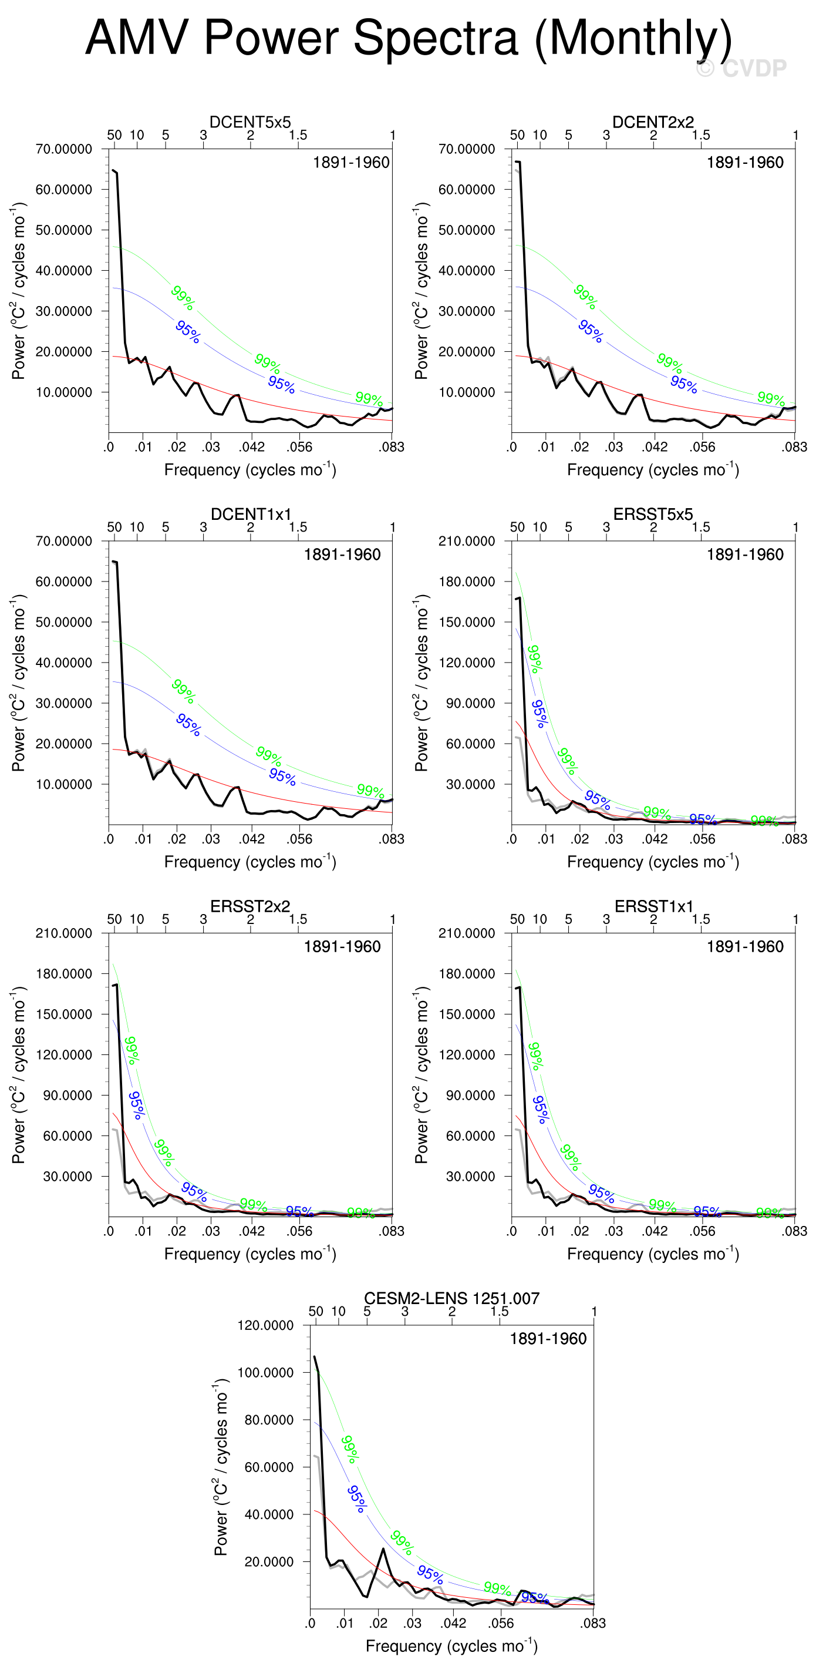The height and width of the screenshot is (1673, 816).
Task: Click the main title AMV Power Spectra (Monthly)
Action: point(409,38)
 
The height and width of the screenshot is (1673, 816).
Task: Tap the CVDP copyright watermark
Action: point(741,68)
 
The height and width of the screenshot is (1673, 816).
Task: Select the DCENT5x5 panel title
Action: point(250,122)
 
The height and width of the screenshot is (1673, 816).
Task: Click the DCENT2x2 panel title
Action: point(652,122)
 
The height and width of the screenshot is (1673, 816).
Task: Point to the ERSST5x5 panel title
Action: point(652,514)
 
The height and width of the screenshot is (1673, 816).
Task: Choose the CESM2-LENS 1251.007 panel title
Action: point(451,1298)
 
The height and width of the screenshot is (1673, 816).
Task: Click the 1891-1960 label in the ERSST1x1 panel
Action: point(744,946)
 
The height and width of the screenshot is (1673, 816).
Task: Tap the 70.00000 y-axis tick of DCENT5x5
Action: point(63,149)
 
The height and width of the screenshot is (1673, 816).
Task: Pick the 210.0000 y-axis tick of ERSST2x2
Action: point(63,933)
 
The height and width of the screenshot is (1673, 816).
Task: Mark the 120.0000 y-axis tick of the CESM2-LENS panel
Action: point(265,1325)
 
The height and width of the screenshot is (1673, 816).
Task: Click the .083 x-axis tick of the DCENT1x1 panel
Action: point(392,839)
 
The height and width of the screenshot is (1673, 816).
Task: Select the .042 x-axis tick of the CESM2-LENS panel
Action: point(453,1623)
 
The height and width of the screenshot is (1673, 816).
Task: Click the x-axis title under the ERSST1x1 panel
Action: point(652,1254)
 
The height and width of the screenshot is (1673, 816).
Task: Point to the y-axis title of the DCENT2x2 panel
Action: point(422,290)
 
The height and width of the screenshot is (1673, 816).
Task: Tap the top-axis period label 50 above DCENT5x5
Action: point(114,135)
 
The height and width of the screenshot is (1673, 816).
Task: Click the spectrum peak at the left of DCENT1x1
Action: point(115,562)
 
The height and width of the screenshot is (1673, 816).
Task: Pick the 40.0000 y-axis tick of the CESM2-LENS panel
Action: point(269,1514)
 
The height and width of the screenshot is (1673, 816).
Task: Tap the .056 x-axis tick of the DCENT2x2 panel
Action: point(702,447)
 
